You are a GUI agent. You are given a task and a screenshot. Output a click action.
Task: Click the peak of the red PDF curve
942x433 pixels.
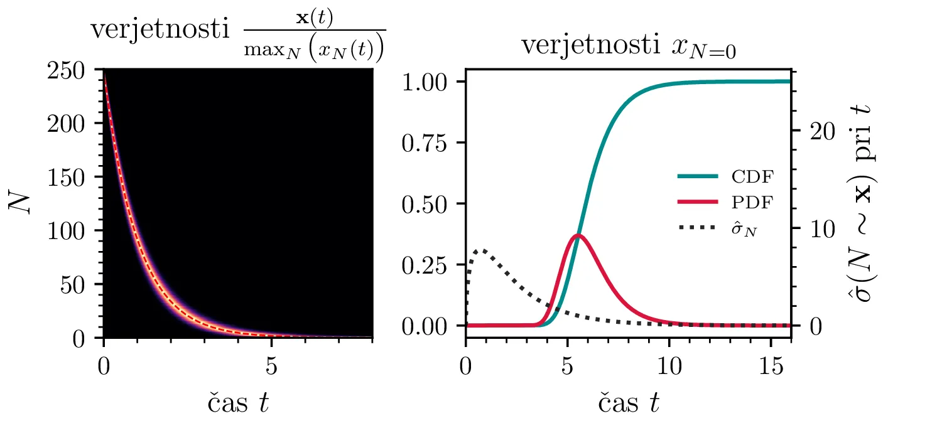tap(578, 235)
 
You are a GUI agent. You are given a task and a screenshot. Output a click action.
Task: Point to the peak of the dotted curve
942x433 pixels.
tap(480, 250)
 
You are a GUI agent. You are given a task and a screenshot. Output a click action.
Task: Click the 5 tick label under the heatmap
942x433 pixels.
tap(271, 366)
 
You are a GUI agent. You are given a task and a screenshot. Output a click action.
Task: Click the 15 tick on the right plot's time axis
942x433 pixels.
tap(771, 366)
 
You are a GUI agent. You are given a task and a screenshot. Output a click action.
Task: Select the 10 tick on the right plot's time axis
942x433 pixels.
tap(669, 366)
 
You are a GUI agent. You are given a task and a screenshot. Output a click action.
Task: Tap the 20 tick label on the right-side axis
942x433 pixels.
tap(815, 131)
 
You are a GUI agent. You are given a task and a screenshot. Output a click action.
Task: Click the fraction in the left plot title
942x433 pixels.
tap(314, 37)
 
